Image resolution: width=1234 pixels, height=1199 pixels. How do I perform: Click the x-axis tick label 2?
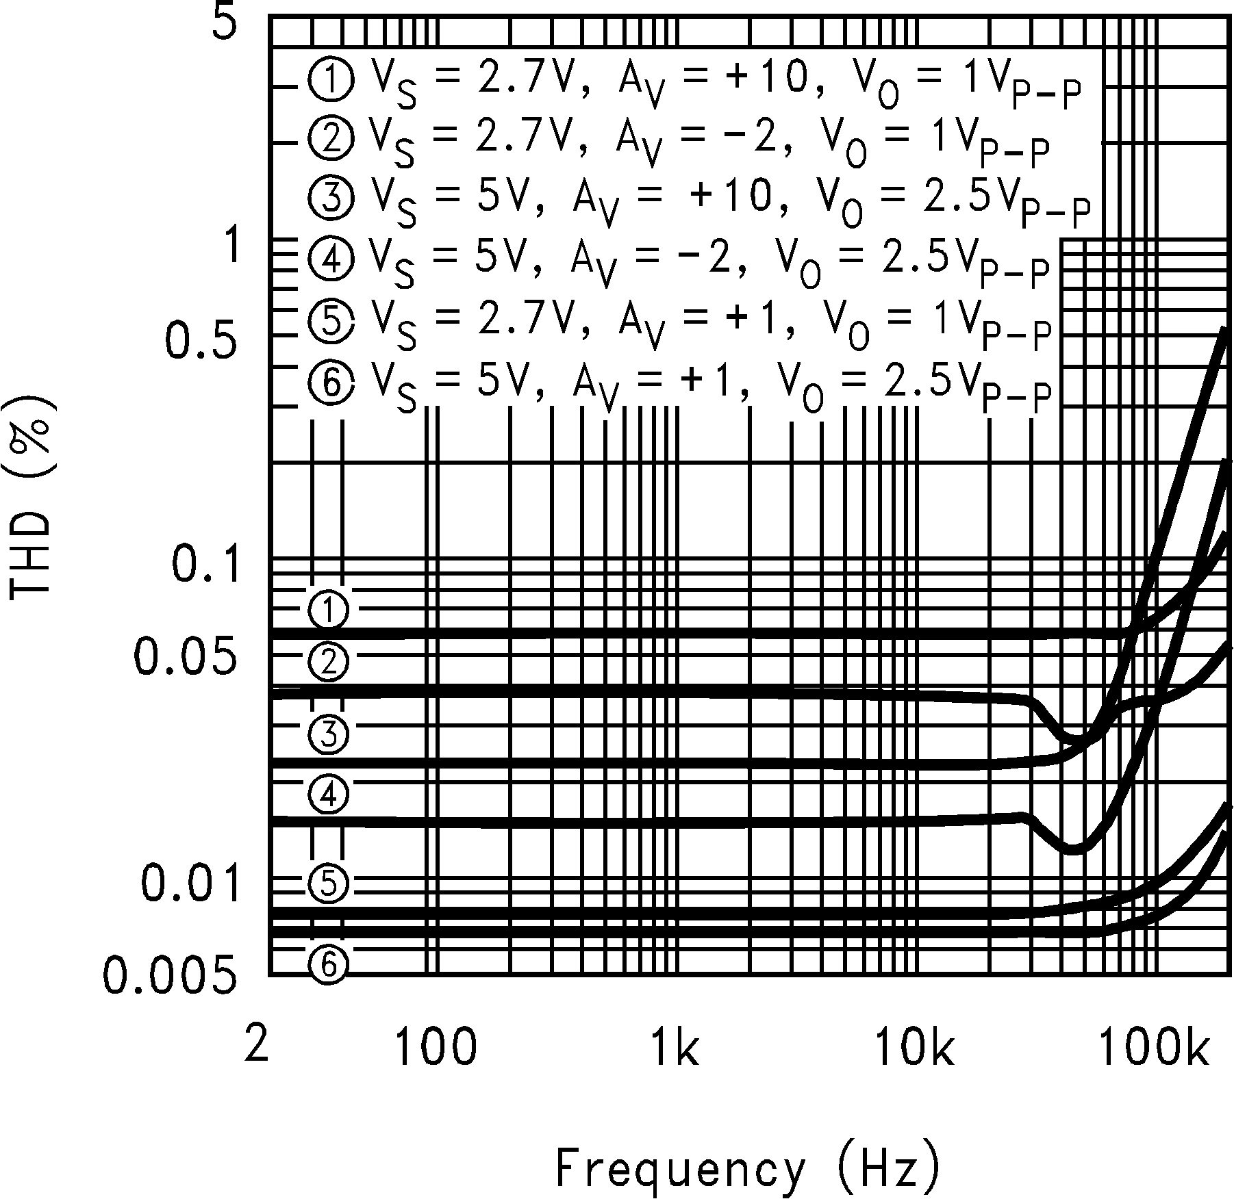coord(256,1045)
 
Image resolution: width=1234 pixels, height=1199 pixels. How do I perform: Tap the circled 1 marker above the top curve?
coord(329,610)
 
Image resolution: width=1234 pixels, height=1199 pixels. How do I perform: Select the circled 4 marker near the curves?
coord(329,795)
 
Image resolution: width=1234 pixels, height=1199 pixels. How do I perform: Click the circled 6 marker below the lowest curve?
coord(329,965)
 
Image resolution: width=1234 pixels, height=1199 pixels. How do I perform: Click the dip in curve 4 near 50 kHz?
coord(1072,849)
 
